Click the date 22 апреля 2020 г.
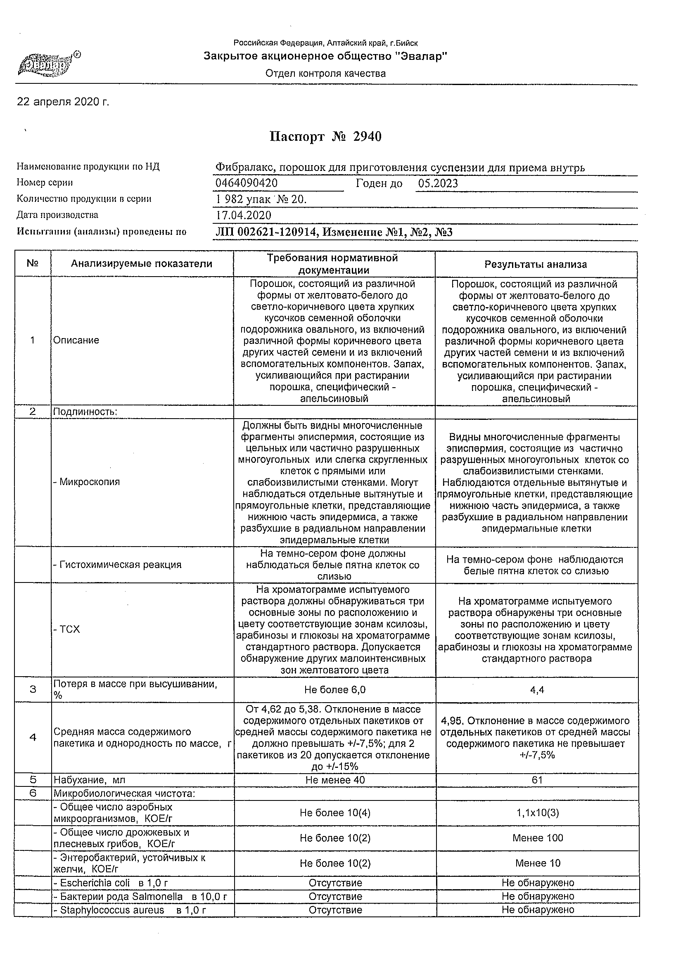point(63,102)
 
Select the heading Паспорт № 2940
point(325,137)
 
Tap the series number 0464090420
point(247,183)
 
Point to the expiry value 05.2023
point(438,183)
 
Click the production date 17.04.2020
point(244,215)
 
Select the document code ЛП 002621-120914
point(266,232)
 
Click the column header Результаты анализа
point(536,264)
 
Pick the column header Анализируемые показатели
point(141,264)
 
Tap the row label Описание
point(76,341)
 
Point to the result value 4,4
point(537,690)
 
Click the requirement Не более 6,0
point(335,690)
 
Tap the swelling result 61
point(537,780)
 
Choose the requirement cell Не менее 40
point(335,780)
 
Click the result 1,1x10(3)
point(537,813)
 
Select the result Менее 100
point(537,838)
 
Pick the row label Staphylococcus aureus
point(112,910)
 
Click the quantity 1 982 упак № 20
point(261,199)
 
